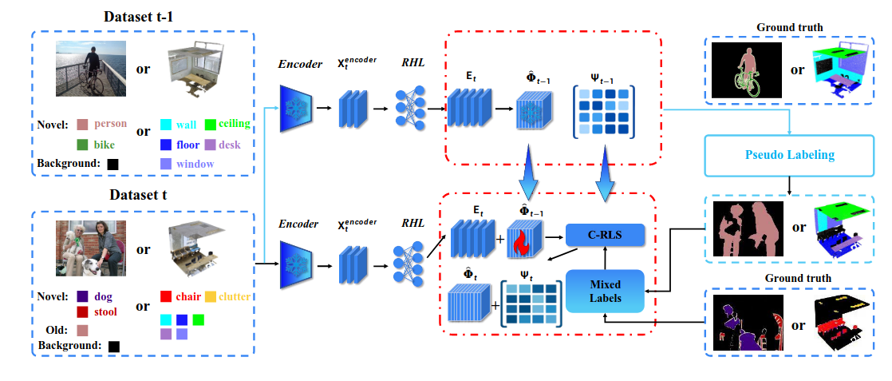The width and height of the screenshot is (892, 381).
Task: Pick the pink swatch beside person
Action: tap(82, 125)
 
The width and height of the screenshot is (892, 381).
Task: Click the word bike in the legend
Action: tap(105, 145)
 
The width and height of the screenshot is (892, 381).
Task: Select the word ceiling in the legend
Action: tap(235, 124)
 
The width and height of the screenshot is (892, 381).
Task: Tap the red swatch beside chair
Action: tap(165, 297)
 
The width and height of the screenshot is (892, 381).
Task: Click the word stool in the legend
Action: tap(104, 312)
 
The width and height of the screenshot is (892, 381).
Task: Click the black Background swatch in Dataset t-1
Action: tap(112, 165)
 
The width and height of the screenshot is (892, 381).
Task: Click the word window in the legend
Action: tap(195, 164)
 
